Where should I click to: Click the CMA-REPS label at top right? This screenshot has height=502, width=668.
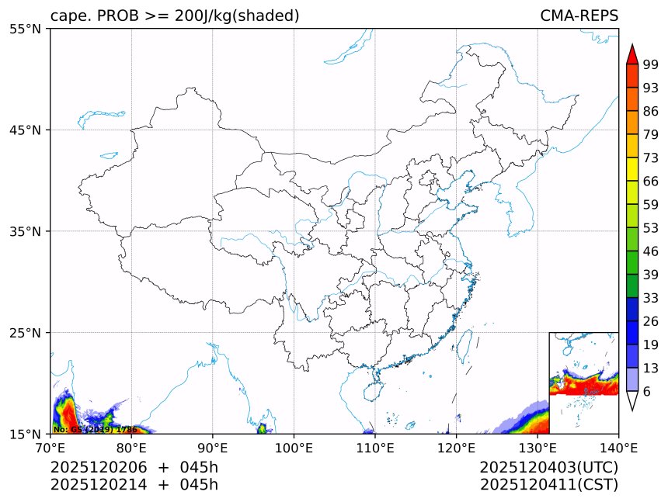[579, 16]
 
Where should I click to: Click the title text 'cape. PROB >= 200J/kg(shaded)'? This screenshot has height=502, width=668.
[175, 16]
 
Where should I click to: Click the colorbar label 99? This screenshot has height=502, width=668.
[651, 65]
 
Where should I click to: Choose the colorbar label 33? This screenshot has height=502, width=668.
[651, 298]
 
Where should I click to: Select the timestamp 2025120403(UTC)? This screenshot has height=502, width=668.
[548, 468]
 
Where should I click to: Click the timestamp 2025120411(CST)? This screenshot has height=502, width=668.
[548, 485]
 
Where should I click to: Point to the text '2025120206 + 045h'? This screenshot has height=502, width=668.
[134, 468]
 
